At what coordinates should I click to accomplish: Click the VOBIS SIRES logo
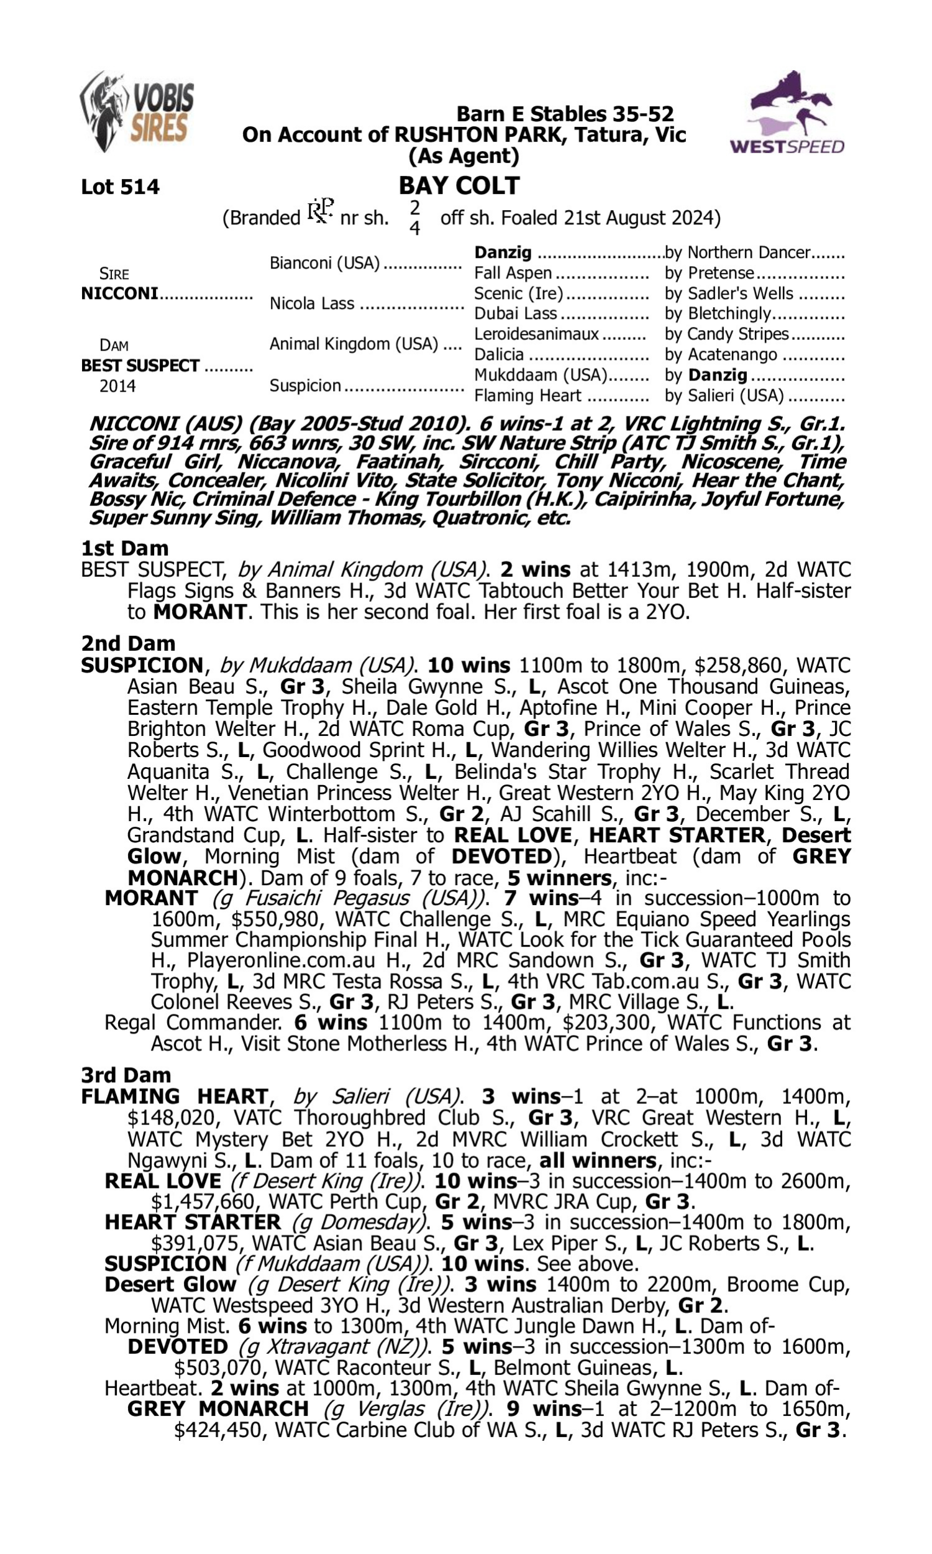[137, 112]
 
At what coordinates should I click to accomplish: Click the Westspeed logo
[787, 113]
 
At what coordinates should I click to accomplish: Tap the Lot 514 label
[120, 186]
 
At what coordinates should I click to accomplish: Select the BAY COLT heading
[459, 186]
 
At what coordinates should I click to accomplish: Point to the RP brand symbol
[320, 211]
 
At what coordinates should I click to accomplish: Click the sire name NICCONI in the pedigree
[119, 294]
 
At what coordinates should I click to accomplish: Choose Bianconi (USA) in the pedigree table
[325, 263]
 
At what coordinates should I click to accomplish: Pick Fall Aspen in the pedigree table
[513, 274]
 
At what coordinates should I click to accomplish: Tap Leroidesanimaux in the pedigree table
[536, 334]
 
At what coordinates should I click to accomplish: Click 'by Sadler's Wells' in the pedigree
[729, 293]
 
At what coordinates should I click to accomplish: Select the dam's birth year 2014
[117, 385]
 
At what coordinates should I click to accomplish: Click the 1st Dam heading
[124, 548]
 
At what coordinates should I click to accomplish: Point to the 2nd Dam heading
[127, 643]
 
